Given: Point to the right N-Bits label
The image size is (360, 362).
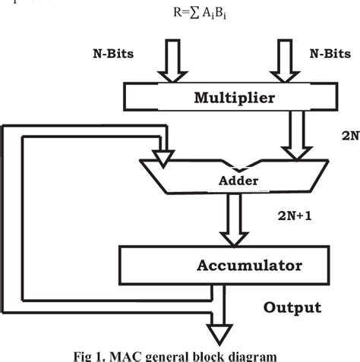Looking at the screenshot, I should [328, 55].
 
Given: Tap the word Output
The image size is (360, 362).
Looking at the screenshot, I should [292, 307].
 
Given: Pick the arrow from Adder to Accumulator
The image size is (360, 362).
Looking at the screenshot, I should [229, 221].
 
